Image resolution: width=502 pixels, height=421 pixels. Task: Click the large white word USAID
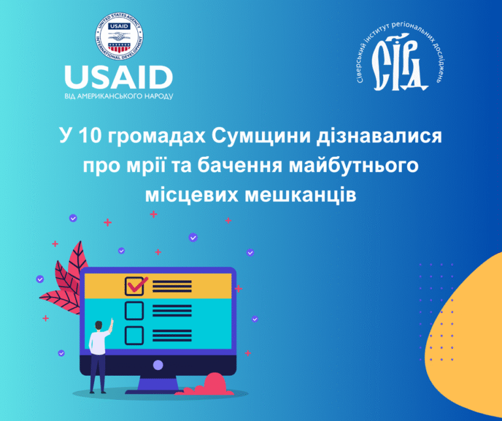tap(118, 78)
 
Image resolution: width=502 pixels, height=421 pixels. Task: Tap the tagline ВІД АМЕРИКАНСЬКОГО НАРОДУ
tap(119, 96)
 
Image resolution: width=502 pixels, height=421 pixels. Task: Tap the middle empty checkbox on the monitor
tap(134, 310)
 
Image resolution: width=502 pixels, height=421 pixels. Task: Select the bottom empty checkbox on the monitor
tap(134, 335)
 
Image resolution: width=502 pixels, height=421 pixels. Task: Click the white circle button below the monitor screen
tap(158, 365)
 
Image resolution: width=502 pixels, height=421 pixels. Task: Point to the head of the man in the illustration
tap(101, 325)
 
